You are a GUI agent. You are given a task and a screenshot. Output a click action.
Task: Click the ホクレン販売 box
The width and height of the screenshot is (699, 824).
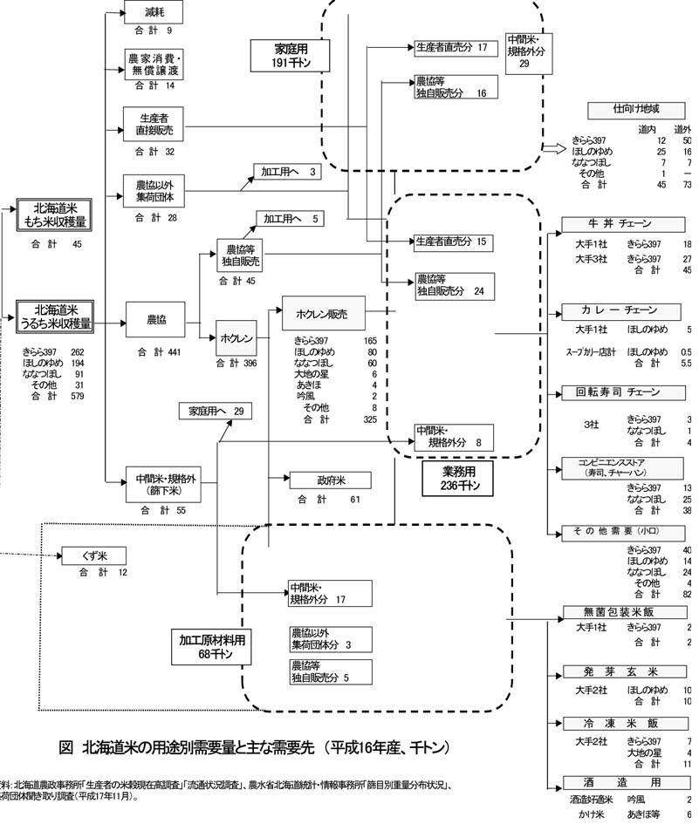click(322, 314)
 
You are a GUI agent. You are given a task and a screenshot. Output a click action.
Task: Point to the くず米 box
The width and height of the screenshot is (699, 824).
click(94, 555)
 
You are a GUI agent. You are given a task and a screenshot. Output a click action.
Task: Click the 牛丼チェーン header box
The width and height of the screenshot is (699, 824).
click(620, 225)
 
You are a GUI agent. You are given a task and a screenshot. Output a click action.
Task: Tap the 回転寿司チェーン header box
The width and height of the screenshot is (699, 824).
click(620, 392)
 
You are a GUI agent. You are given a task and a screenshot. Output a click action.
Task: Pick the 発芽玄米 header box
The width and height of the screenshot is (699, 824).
click(620, 671)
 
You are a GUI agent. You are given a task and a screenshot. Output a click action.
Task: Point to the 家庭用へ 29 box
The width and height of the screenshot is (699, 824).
click(215, 410)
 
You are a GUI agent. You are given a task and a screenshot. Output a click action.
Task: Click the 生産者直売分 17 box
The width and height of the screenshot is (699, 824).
click(451, 46)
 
